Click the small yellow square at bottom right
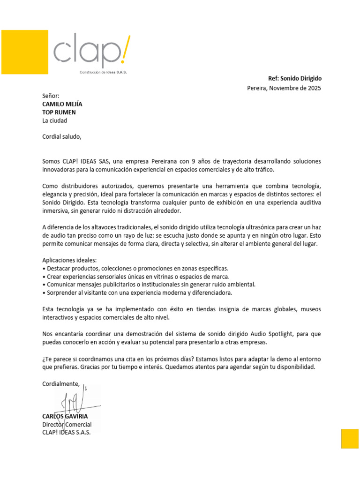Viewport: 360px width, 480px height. [x=350, y=438]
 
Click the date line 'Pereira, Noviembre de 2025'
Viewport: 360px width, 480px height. [x=284, y=88]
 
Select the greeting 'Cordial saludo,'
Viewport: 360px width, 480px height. [x=62, y=137]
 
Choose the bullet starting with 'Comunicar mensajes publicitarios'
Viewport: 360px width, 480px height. [x=149, y=284]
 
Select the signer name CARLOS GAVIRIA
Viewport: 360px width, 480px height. [x=65, y=416]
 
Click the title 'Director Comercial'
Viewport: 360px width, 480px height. [x=67, y=424]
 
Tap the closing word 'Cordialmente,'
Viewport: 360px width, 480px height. [x=61, y=383]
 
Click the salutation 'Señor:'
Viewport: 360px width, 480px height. [x=51, y=96]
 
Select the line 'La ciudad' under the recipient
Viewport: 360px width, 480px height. [x=55, y=120]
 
